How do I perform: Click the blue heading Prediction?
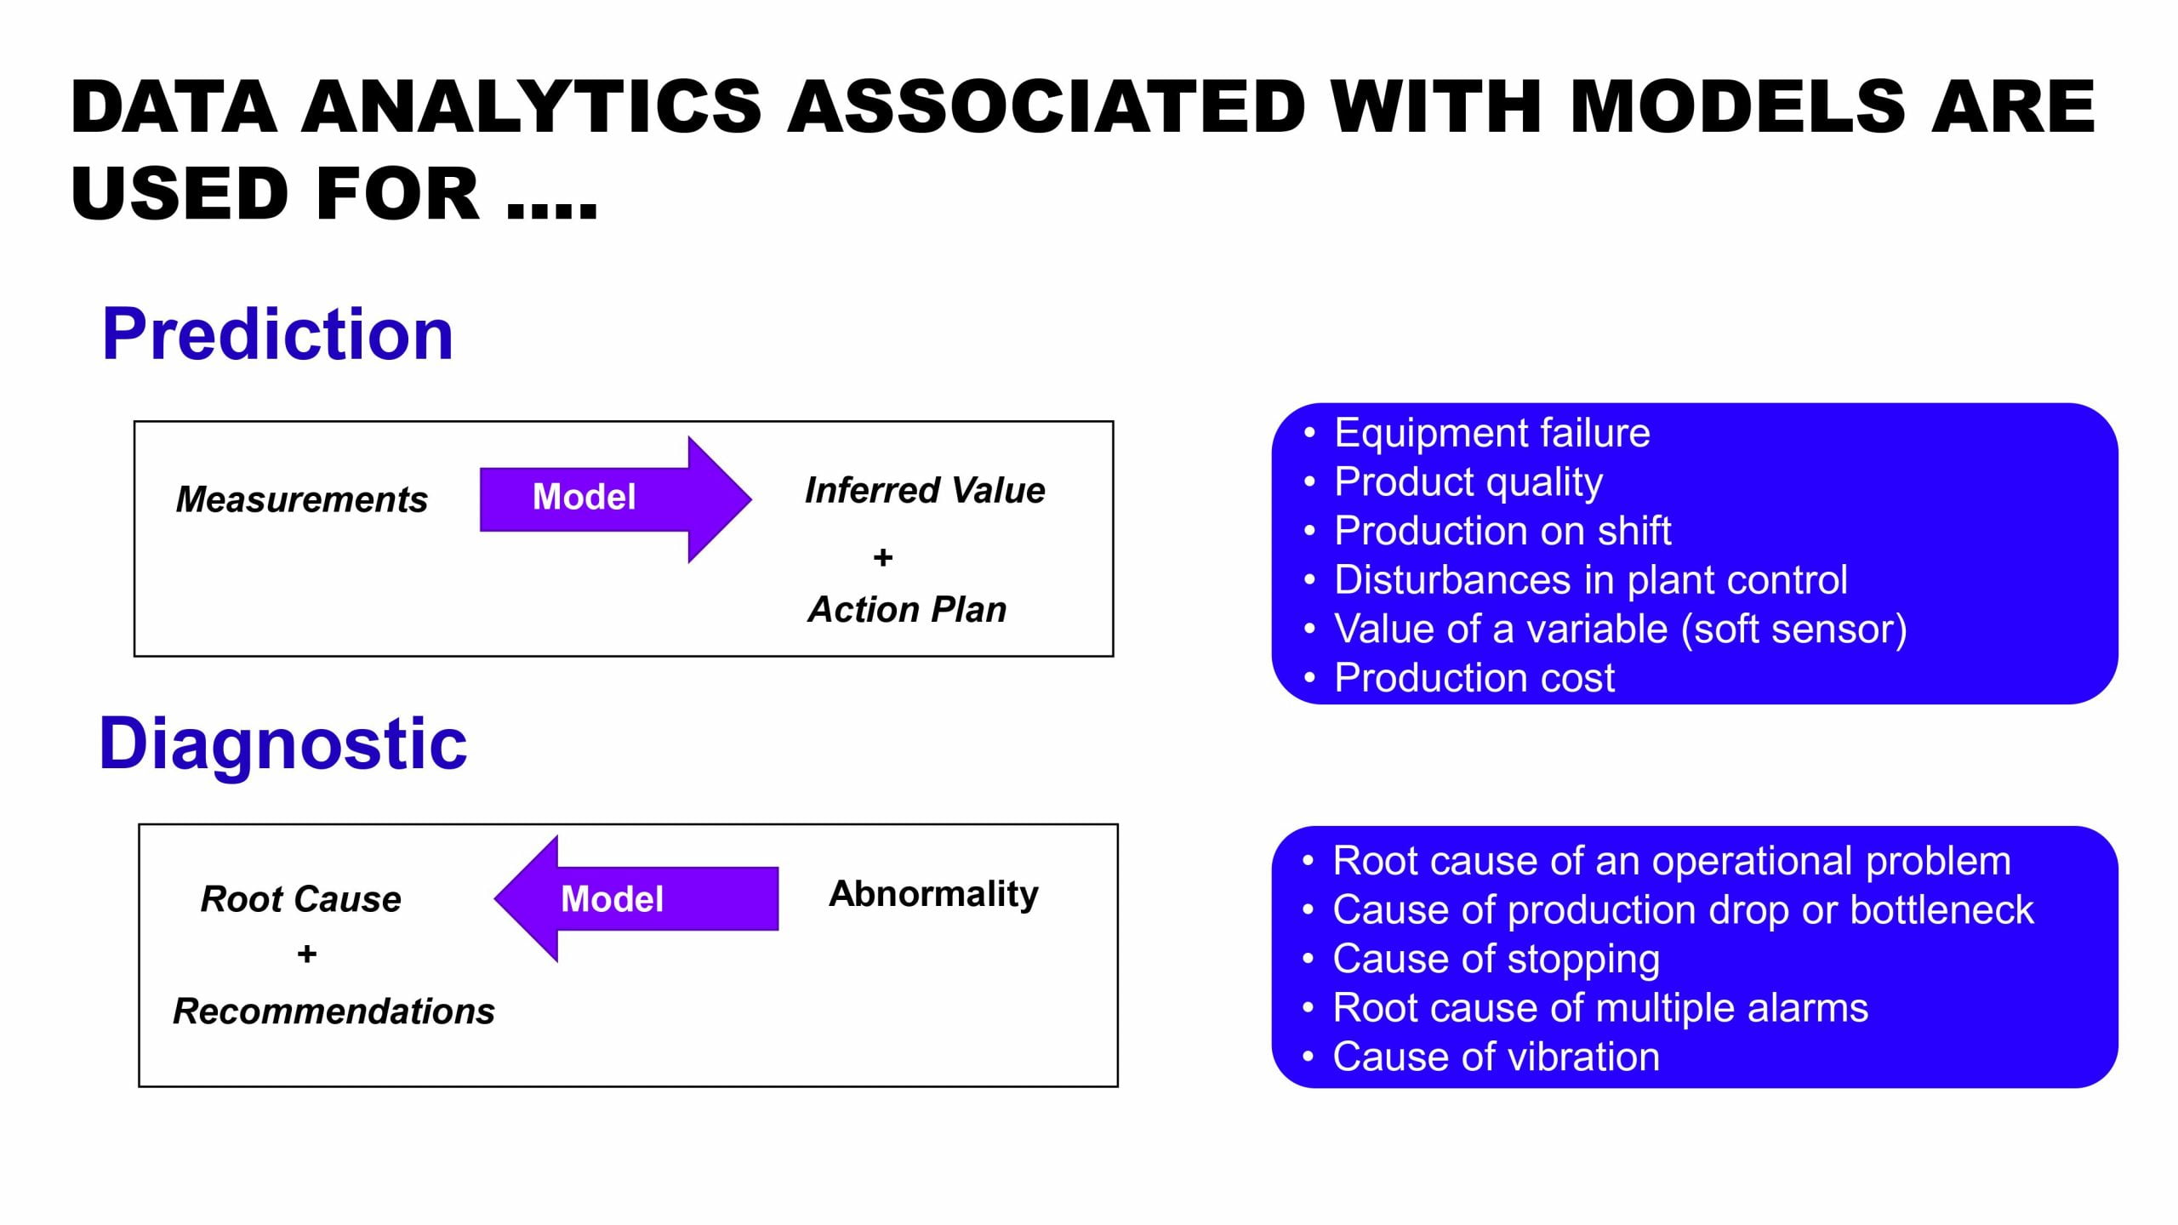[x=277, y=334]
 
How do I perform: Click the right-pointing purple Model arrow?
[x=616, y=499]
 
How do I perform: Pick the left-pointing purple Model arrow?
[x=636, y=898]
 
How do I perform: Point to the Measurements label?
[x=301, y=499]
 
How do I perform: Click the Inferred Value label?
[x=925, y=490]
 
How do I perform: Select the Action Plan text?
[x=907, y=609]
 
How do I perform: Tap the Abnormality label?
[x=933, y=894]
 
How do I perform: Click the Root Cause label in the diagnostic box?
[x=300, y=899]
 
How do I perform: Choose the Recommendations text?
[x=334, y=1011]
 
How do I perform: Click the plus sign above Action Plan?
[x=883, y=557]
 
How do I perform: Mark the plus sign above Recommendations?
[x=307, y=954]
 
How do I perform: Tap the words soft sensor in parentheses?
[x=1793, y=630]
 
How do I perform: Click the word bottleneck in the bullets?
[x=1941, y=910]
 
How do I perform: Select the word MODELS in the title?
[x=1737, y=106]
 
